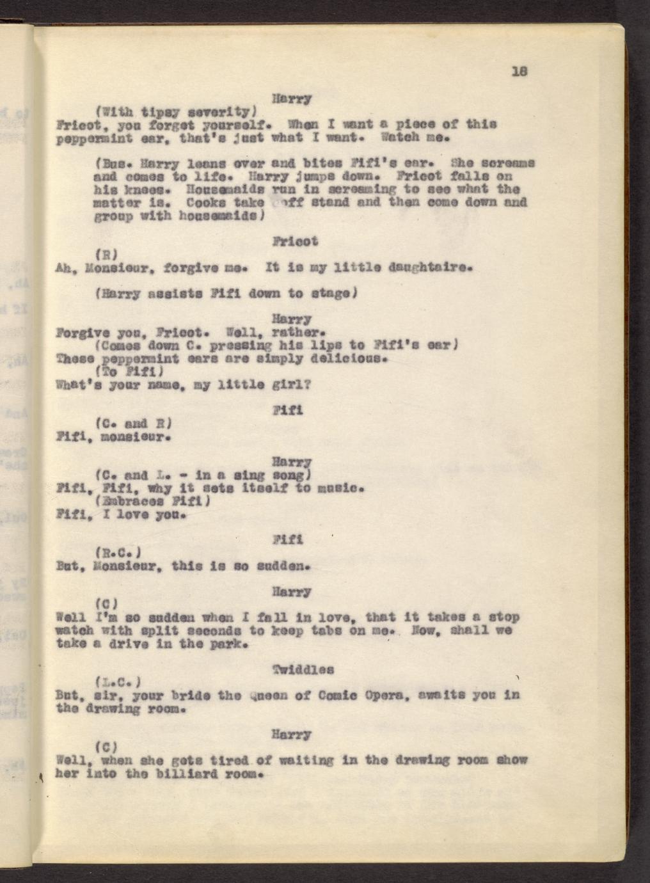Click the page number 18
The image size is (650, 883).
518,72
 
